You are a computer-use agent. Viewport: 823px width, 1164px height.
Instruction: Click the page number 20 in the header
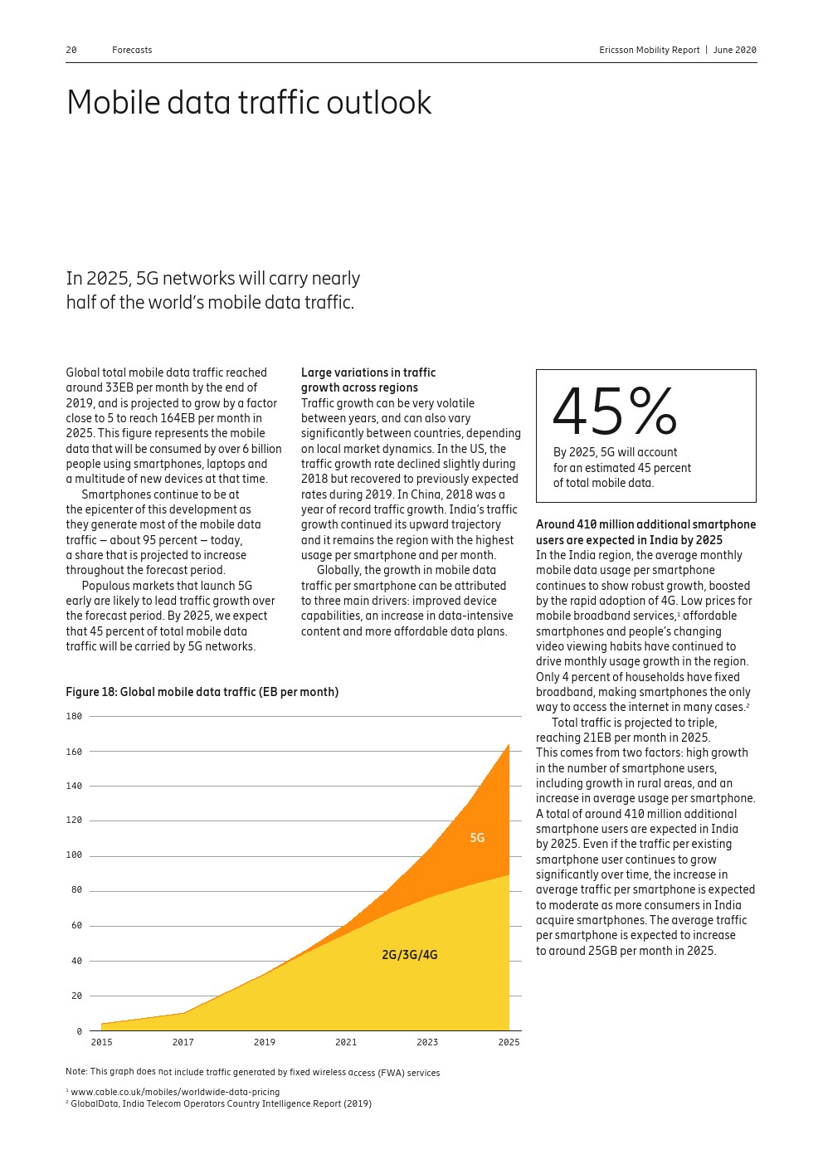[x=71, y=50]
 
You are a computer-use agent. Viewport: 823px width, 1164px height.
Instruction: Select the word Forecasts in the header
[x=132, y=50]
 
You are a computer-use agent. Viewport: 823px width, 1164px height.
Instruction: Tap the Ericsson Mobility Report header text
[x=649, y=50]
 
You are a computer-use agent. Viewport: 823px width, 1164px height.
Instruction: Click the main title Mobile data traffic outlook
[x=249, y=103]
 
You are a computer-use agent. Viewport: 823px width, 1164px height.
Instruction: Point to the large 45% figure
[x=614, y=412]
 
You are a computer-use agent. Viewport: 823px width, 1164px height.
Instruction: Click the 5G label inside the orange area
[x=477, y=838]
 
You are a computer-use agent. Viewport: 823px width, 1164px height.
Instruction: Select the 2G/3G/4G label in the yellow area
[x=409, y=955]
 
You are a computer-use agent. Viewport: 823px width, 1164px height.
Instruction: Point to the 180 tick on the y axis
[x=74, y=716]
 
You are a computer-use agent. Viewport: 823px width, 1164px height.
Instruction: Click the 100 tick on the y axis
[x=74, y=855]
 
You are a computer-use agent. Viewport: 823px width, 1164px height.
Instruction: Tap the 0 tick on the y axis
[x=80, y=1031]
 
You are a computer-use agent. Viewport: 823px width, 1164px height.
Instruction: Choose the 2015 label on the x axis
[x=101, y=1042]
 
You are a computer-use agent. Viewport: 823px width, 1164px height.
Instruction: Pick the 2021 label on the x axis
[x=346, y=1042]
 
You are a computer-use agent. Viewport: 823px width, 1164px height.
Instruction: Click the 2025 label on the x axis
[x=509, y=1042]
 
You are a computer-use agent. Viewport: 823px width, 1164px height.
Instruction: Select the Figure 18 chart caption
[x=202, y=692]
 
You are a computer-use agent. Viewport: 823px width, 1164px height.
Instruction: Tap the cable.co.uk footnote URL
[x=175, y=1092]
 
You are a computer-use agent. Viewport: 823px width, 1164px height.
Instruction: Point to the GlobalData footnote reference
[x=221, y=1103]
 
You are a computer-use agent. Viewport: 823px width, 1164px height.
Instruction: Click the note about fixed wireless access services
[x=252, y=1073]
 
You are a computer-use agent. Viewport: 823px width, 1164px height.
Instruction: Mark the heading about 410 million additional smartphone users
[x=645, y=532]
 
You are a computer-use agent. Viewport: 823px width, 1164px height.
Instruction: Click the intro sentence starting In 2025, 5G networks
[x=212, y=290]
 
